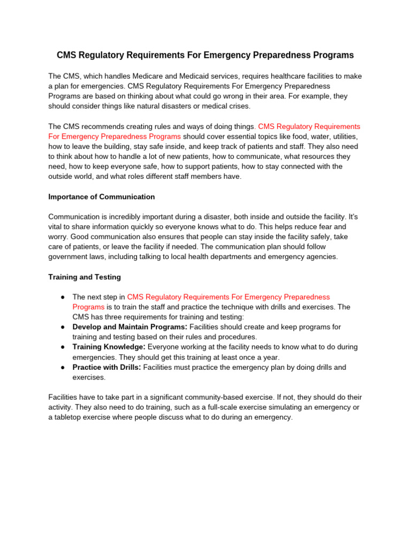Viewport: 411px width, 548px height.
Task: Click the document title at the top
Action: click(205, 55)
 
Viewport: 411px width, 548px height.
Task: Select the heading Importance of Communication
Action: click(102, 196)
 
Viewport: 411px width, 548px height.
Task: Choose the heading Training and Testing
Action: click(85, 277)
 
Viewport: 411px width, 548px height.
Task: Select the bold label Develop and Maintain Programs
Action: click(130, 326)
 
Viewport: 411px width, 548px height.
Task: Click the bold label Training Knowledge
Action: click(109, 347)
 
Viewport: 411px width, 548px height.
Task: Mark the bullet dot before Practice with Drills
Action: click(63, 367)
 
